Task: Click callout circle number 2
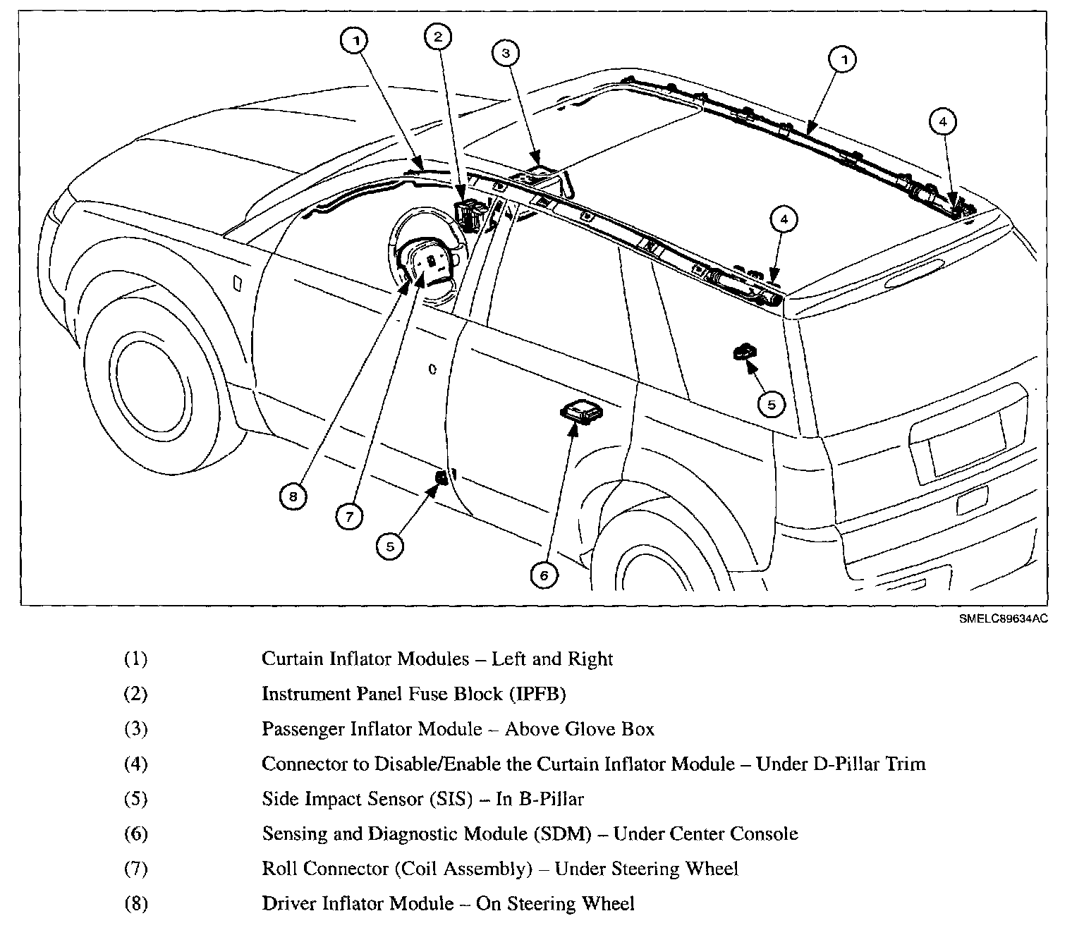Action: coord(438,37)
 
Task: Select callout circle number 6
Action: coord(544,575)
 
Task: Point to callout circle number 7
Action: coord(349,517)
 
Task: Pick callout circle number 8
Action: coord(293,496)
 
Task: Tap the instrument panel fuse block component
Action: coord(468,212)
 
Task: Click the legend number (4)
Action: coord(135,764)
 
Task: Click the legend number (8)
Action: coord(135,903)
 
